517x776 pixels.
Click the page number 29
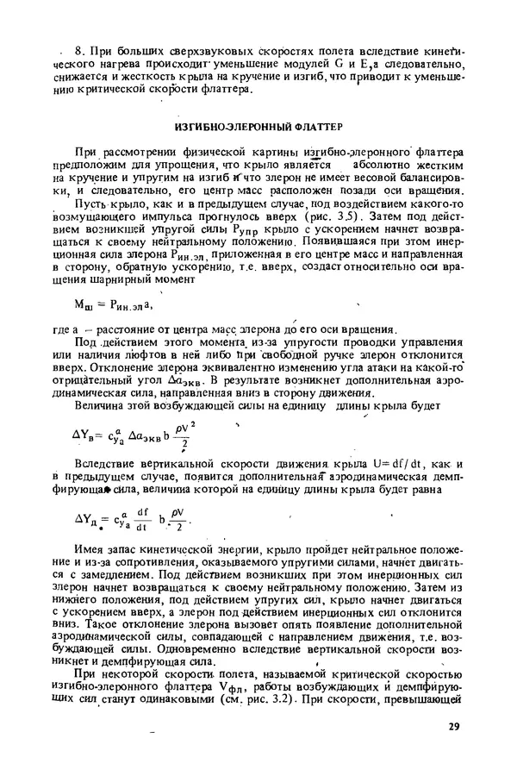tap(455, 727)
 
